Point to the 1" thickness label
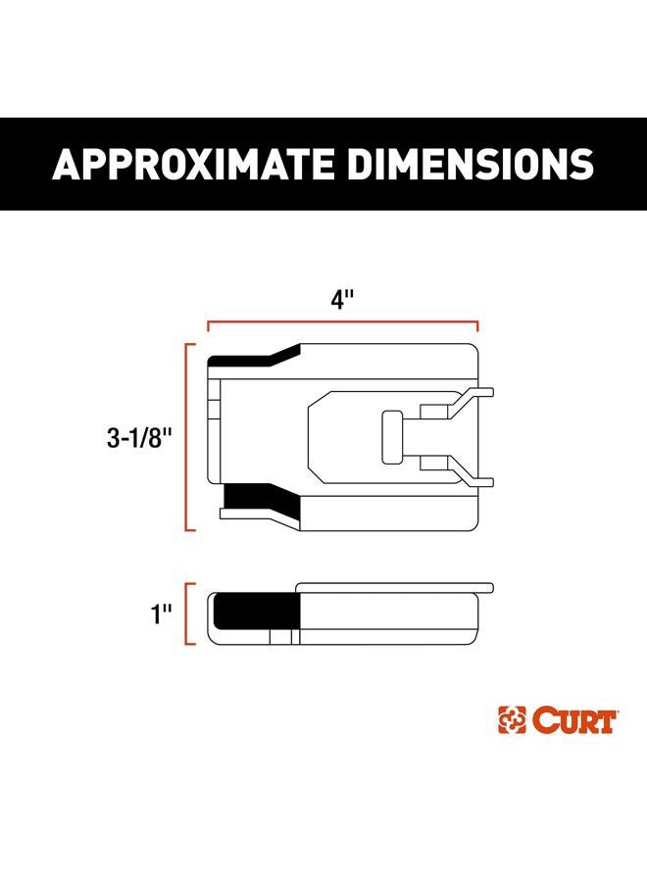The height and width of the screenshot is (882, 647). (161, 614)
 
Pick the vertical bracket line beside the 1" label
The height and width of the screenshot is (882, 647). (187, 614)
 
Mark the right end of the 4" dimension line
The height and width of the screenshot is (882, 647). (477, 323)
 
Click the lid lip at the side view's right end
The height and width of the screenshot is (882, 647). (486, 590)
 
